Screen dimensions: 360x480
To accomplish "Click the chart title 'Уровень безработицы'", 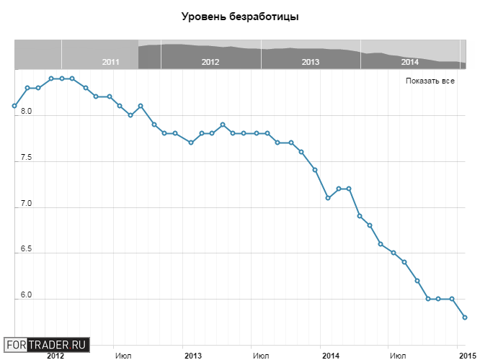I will click(240, 17).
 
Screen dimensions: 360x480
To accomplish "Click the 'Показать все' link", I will click(430, 81).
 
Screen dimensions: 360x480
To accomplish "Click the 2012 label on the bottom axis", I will click(55, 355).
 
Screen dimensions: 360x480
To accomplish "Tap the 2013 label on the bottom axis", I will click(193, 355).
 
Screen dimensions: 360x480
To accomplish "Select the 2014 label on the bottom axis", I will click(330, 355).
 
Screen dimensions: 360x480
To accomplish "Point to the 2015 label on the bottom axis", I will click(468, 355).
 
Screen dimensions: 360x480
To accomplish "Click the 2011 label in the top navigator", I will click(110, 63).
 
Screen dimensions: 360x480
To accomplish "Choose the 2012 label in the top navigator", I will click(210, 63).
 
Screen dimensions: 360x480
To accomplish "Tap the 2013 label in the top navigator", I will click(311, 63).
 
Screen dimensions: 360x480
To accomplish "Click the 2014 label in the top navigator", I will click(410, 63).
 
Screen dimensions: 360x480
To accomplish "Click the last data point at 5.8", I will click(465, 318).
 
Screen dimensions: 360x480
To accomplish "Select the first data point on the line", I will click(14, 106).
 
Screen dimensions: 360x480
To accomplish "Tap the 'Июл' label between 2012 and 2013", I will click(123, 355).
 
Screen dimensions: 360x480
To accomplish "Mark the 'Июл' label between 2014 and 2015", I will click(397, 355).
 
